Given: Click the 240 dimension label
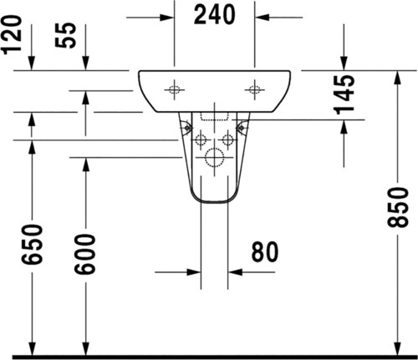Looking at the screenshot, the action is coord(214,15).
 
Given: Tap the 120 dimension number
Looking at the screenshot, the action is coord(12,34).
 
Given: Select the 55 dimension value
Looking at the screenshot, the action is coord(65,35).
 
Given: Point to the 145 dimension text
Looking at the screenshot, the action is coord(344,94).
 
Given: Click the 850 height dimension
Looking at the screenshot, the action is coord(398,207).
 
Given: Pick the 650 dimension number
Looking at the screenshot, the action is coord(33,244).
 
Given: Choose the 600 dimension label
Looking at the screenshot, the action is coord(85,254).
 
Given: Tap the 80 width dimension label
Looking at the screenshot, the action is coord(265,251).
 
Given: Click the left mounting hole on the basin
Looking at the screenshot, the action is coord(174,90).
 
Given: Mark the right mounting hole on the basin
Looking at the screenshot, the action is coord(254,89).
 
